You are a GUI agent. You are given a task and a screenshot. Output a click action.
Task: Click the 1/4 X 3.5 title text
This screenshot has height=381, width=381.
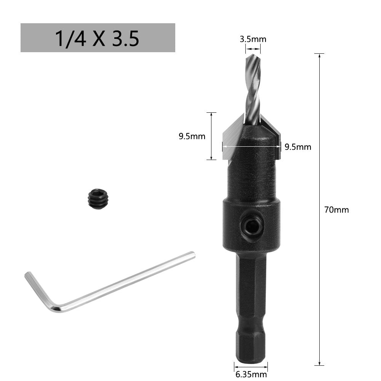pos(97,38)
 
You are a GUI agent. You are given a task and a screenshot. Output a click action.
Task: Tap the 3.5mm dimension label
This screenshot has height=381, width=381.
pos(253,39)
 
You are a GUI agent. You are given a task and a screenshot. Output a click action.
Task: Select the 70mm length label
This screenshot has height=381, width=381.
pos(336,210)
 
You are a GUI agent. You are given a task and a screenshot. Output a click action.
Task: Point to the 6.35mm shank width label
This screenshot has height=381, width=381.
pos(251,375)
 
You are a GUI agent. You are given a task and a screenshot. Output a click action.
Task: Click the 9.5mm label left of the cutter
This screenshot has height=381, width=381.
pos(192,136)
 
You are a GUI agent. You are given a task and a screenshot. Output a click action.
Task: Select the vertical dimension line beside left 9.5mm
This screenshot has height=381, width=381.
pos(211,136)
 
